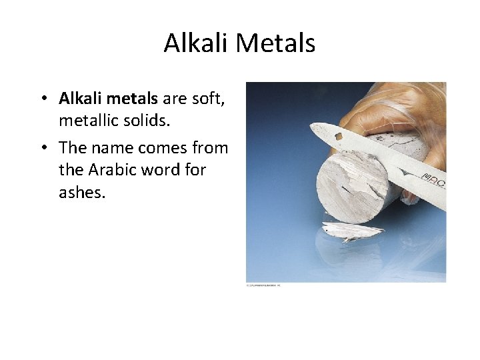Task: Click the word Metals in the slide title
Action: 275,43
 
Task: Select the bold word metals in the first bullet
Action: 133,99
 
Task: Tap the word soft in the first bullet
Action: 210,99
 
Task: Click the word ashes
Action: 82,193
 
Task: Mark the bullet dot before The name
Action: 42,147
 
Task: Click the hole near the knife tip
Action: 339,137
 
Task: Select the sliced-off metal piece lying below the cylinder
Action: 351,231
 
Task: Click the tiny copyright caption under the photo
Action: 264,286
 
